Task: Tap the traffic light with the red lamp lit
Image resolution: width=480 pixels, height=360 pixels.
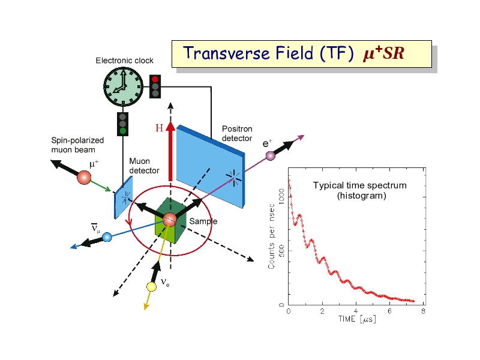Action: tap(155, 86)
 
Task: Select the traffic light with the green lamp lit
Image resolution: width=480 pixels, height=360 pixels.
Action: tap(122, 122)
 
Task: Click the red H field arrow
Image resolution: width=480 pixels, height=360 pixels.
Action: tap(170, 153)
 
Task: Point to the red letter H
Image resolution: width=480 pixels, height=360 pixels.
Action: tap(159, 128)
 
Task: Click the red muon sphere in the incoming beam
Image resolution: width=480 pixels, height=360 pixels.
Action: tap(84, 177)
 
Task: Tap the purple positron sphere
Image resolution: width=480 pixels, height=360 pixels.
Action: tap(270, 156)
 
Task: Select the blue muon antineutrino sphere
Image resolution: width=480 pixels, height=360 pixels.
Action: tap(107, 237)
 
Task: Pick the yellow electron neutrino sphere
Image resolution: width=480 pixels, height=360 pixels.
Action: tap(151, 286)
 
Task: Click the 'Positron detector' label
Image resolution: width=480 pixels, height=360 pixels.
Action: tap(237, 133)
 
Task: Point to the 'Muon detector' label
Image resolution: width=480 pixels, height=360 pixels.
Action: tap(144, 166)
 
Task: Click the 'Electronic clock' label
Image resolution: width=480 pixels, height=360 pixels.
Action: tap(124, 61)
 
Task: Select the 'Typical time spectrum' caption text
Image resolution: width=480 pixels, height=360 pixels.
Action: tap(359, 185)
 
